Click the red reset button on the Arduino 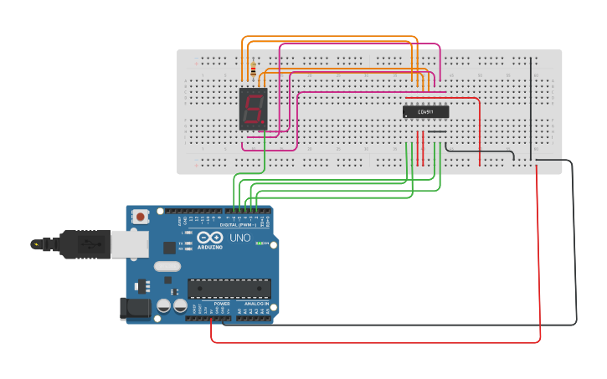click(140, 217)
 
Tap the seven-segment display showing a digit click(253, 109)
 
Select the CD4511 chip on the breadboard click(425, 111)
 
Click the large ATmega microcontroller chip click(229, 289)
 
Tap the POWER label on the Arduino click(221, 304)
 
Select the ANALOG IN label click(255, 304)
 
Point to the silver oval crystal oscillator click(167, 267)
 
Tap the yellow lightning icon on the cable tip click(36, 245)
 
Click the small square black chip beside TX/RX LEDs click(169, 248)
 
